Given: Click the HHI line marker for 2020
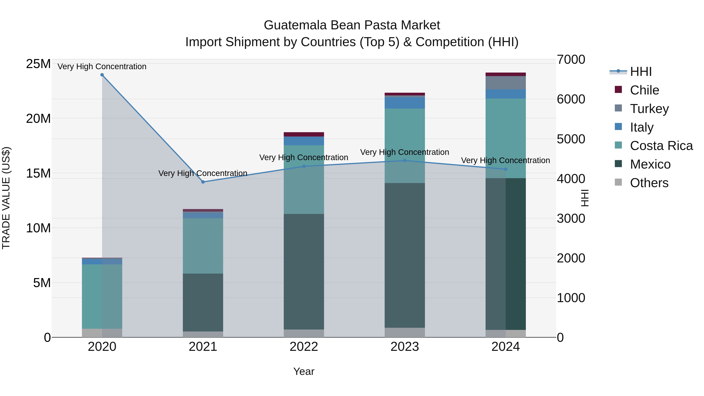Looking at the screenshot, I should click(102, 75).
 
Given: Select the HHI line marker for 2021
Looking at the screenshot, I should click(203, 182).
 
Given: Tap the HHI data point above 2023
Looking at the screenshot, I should click(405, 161).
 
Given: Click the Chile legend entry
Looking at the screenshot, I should click(644, 90).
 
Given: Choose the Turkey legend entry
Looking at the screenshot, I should click(649, 109).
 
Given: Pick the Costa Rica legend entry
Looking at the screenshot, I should click(661, 146).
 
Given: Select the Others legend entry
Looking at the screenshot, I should click(649, 183).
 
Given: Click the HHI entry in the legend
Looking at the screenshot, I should click(641, 72).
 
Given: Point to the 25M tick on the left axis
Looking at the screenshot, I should click(38, 64).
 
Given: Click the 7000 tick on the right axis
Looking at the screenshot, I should click(571, 60).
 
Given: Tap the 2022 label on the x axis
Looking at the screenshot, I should click(304, 347).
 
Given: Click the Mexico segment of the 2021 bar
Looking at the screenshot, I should click(203, 302).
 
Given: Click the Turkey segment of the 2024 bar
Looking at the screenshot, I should click(506, 83).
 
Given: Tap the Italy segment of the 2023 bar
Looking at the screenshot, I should click(405, 103).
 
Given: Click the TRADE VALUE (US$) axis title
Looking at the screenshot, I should click(6, 198).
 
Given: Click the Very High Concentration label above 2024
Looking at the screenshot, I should click(505, 160).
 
